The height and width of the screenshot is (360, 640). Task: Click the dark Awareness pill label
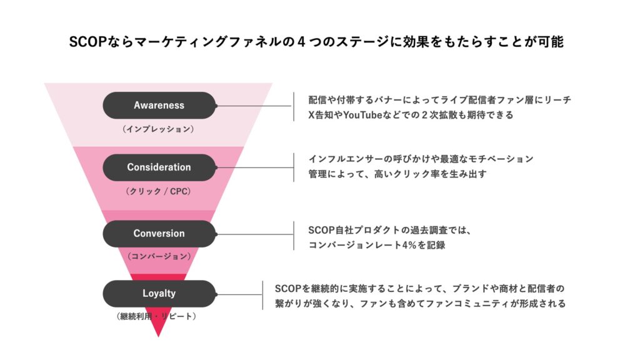(159, 105)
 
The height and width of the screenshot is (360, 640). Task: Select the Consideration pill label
(159, 167)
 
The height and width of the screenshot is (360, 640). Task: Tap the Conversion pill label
(159, 233)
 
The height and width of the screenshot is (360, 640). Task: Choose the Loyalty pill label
(159, 293)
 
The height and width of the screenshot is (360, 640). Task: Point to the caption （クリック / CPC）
(159, 191)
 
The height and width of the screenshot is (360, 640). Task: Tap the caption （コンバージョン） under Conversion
(159, 256)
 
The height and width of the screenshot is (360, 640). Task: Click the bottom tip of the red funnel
(159, 335)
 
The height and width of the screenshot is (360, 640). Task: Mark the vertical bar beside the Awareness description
(293, 107)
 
